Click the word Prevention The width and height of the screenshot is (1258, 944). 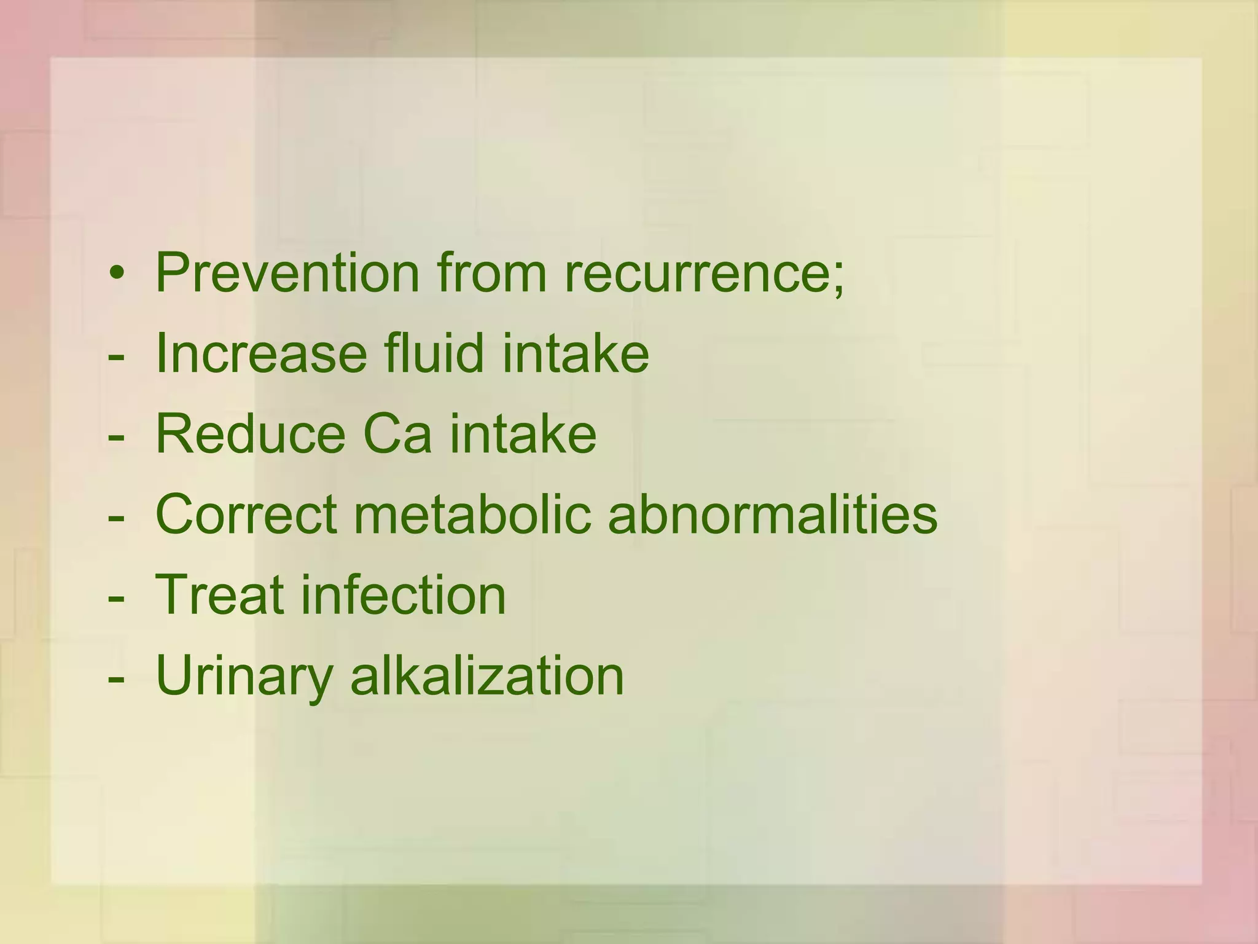(x=287, y=272)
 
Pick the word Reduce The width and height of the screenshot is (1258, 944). (x=251, y=433)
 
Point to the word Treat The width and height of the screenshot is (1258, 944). (x=220, y=594)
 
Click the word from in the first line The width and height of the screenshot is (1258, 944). (x=491, y=272)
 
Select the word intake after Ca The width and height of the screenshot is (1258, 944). (x=523, y=433)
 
